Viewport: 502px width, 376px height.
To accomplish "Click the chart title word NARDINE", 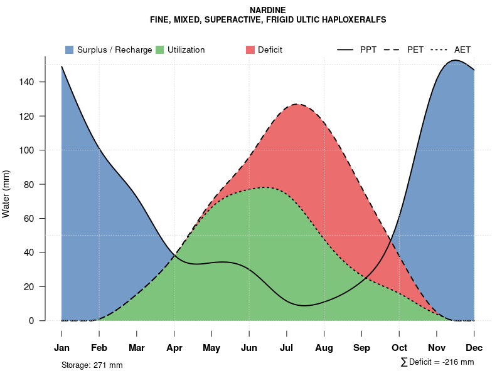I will tap(268, 11).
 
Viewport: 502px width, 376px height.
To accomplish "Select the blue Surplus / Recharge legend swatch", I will tap(69, 50).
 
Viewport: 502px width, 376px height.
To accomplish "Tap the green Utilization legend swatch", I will tap(159, 50).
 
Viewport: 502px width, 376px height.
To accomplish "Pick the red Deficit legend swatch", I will tap(250, 50).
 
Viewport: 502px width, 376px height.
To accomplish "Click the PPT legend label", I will tap(368, 50).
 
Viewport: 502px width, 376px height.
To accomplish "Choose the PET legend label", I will tap(415, 50).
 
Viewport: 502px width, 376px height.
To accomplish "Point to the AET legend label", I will tap(462, 50).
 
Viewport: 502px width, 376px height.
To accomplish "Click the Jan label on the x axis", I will tap(61, 348).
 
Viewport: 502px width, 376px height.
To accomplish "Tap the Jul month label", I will tap(287, 348).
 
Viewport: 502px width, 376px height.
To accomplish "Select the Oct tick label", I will tap(399, 348).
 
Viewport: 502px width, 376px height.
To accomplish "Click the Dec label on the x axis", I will tap(474, 348).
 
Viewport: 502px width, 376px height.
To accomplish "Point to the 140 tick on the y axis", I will tap(35, 82).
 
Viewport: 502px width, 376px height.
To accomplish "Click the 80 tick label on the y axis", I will tap(37, 184).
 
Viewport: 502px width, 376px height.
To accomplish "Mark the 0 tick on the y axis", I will tap(40, 321).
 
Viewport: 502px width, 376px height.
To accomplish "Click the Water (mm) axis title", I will tap(6, 194).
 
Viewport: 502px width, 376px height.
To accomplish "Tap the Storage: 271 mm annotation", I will tap(92, 365).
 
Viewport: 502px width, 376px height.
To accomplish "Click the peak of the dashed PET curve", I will tap(296, 104).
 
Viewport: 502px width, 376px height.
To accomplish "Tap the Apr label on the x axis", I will tap(174, 348).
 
